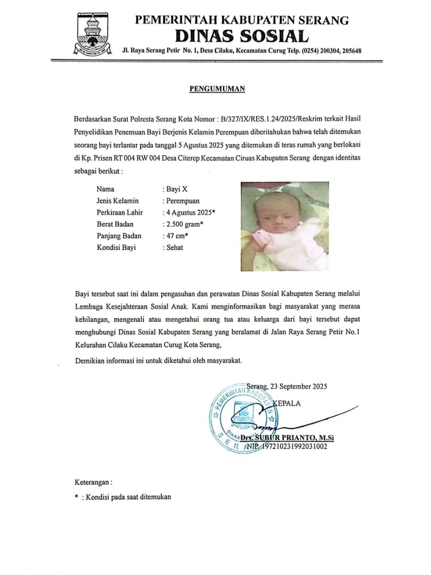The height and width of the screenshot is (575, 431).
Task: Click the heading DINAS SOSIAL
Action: point(242,36)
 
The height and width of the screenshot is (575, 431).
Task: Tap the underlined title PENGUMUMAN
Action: point(217,88)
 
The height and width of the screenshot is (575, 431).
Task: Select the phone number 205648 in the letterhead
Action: point(352,51)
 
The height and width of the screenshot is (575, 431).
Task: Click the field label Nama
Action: point(106,189)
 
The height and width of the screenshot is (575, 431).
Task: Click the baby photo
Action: point(285,226)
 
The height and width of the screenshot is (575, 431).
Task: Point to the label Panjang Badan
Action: point(119,236)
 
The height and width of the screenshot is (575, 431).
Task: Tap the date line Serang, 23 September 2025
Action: point(287,386)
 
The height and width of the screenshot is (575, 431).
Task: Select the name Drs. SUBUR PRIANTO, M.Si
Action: point(287,438)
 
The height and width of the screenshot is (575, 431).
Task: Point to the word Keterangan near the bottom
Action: point(92,482)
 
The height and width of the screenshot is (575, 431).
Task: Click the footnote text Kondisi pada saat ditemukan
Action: point(128,497)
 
